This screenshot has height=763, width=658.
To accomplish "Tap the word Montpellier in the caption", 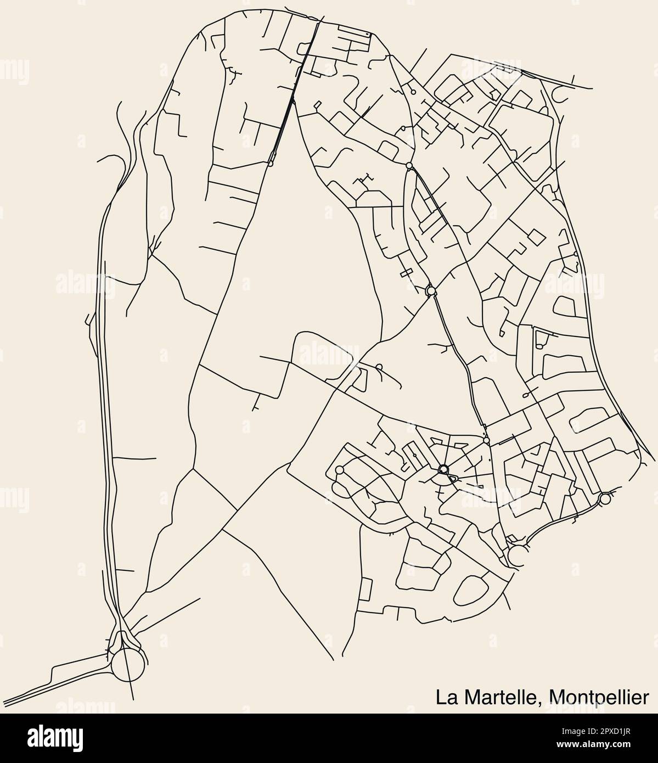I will pyautogui.click(x=598, y=698).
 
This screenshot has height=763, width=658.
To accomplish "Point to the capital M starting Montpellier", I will pyautogui.click(x=557, y=698).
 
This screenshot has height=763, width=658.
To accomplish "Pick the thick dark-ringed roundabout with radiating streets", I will pyautogui.click(x=443, y=469).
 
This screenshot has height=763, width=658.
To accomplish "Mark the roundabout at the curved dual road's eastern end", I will pyautogui.click(x=605, y=499).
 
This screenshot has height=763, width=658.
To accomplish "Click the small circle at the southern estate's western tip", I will pyautogui.click(x=339, y=470).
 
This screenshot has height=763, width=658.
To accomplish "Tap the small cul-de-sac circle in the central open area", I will pyautogui.click(x=379, y=367).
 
